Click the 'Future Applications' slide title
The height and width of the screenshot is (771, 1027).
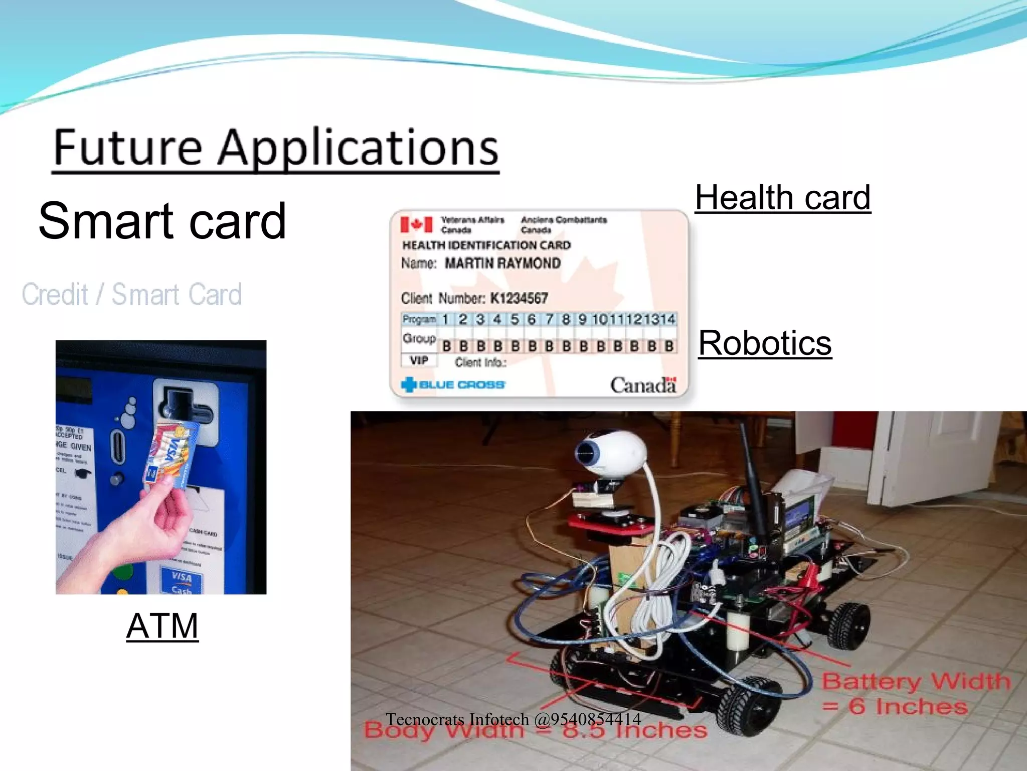click(275, 148)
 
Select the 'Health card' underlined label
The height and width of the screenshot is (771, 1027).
click(782, 198)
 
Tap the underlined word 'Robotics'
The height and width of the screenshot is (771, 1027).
click(765, 343)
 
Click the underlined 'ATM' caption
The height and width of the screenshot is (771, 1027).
click(162, 626)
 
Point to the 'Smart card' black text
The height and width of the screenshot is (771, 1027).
click(162, 221)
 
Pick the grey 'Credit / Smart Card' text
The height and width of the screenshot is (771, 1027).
click(131, 294)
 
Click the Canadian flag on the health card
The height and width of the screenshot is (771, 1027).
click(416, 224)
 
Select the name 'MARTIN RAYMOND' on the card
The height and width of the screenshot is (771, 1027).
click(502, 264)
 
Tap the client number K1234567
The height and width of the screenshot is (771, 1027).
click(519, 299)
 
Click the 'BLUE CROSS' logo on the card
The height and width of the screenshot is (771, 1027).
click(453, 385)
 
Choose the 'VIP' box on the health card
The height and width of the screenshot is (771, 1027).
click(419, 360)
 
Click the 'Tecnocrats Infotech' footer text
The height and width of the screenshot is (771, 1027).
click(512, 719)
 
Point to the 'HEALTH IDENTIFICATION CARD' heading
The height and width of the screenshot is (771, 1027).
click(486, 245)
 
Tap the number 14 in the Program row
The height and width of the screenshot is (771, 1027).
click(667, 319)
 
